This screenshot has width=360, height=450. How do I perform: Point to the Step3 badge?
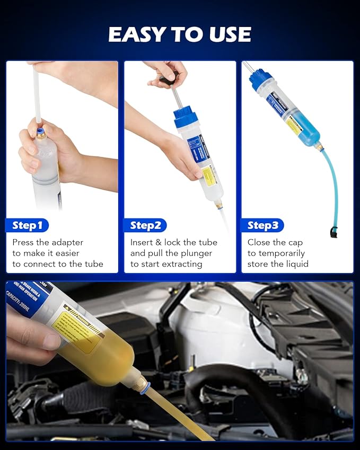[263, 225]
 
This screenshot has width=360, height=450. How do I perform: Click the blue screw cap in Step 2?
[186, 117]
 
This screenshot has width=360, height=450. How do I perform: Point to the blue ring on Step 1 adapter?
[40, 131]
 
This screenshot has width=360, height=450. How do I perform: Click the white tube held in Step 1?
[37, 95]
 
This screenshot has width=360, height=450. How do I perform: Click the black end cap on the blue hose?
[333, 232]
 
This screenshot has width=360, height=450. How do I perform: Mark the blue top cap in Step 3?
[261, 80]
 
